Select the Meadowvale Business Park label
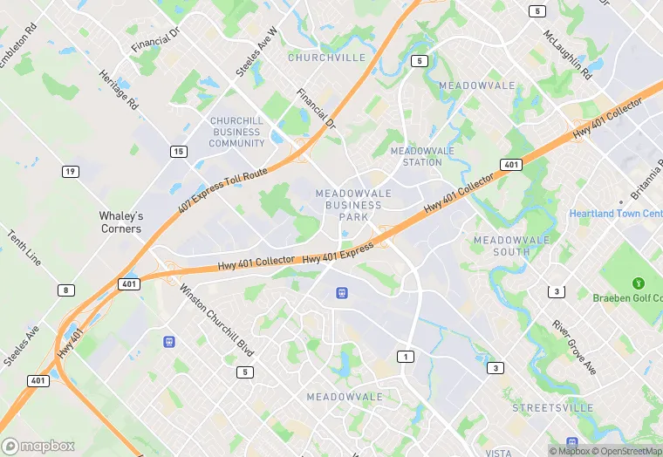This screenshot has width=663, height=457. click(x=348, y=204)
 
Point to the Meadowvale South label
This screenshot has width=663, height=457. click(x=512, y=245)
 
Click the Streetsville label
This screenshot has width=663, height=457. click(x=545, y=407)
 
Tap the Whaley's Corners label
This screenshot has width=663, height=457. click(x=120, y=222)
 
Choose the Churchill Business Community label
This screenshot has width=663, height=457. click(x=236, y=132)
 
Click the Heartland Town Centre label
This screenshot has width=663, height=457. click(x=615, y=214)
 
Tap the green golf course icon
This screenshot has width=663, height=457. click(x=639, y=283)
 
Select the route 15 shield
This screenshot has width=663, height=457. click(x=178, y=152)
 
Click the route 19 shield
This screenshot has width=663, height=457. click(x=70, y=171)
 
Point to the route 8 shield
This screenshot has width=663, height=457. click(x=66, y=290)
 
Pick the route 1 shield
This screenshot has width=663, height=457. click(x=405, y=356)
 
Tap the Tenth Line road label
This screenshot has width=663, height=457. click(x=24, y=249)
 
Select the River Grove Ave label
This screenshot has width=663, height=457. click(x=574, y=347)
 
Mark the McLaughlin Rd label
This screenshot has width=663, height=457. click(x=568, y=55)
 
